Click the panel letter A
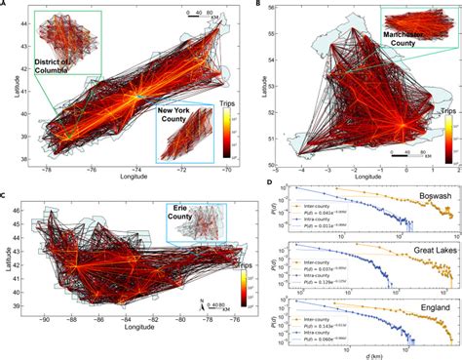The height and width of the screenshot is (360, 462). pos(5,6)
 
